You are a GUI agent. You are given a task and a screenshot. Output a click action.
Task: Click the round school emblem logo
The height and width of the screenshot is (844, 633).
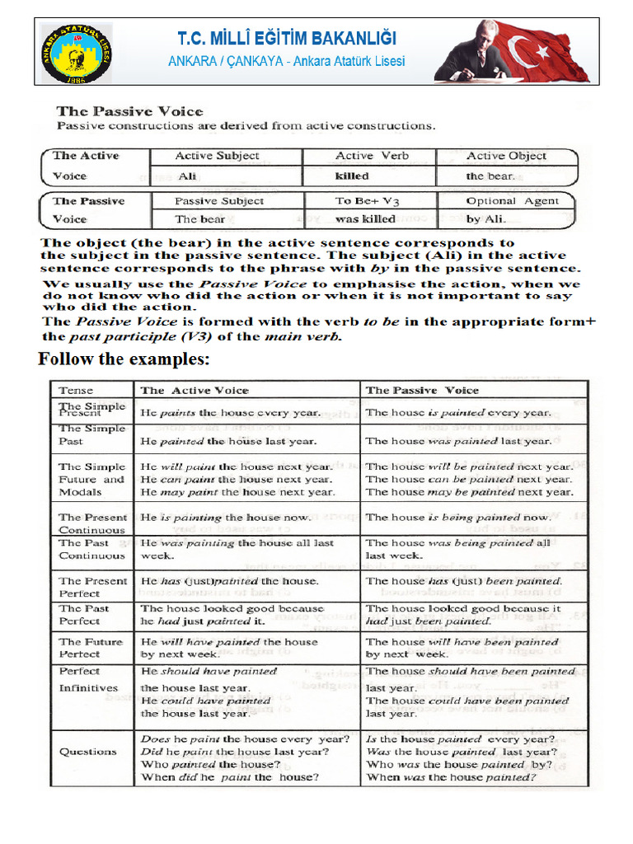click(x=77, y=53)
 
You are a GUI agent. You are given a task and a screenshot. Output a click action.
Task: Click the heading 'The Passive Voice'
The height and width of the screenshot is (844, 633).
click(x=129, y=111)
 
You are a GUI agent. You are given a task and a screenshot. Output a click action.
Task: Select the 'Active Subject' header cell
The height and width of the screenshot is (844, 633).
click(x=217, y=156)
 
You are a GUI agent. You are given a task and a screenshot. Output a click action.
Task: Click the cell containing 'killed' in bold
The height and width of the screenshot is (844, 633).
click(x=352, y=176)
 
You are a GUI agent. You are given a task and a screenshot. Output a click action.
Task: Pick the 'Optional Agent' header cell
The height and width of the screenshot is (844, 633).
click(x=512, y=200)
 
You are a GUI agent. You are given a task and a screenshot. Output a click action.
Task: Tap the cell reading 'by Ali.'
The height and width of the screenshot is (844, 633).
click(x=486, y=219)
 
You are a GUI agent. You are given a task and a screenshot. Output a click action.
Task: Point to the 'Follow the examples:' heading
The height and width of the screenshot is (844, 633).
click(x=124, y=359)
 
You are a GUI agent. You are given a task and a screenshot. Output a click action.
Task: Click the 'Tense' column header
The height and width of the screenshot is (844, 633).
click(x=76, y=391)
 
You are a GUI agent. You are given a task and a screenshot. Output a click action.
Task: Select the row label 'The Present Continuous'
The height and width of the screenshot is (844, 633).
click(x=92, y=523)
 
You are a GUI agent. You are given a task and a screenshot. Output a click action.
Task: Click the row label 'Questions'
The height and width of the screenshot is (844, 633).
click(x=87, y=752)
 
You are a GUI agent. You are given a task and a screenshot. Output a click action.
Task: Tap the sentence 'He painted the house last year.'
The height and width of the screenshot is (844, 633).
click(x=228, y=441)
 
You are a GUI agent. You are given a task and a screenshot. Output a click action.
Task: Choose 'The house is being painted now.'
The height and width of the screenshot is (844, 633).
click(x=458, y=518)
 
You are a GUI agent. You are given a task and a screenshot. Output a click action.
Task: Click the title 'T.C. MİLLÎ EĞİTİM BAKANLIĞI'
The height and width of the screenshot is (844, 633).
click(x=287, y=39)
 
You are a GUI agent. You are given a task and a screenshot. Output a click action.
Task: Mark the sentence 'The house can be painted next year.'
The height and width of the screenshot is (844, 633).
click(x=469, y=479)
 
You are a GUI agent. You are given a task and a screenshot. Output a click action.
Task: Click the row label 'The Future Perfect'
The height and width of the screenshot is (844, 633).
click(x=91, y=648)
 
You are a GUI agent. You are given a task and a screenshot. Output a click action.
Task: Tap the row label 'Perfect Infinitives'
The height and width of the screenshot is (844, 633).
click(x=88, y=680)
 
